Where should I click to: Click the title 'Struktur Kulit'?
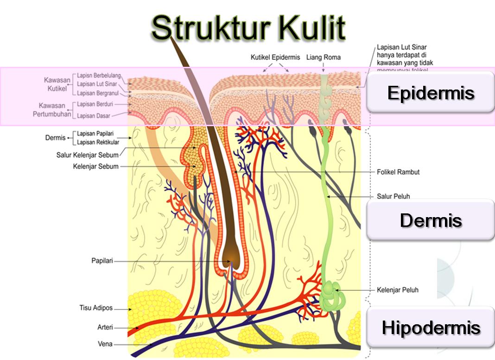[x=248, y=27]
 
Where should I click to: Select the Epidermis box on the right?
[x=431, y=92]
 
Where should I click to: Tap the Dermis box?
[x=431, y=220]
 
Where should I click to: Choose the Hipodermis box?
[x=431, y=328]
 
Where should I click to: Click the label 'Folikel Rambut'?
[x=398, y=172]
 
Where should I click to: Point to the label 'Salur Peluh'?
[x=393, y=196]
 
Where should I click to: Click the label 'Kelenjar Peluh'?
[x=397, y=290]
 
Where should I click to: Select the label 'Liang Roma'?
[x=323, y=58]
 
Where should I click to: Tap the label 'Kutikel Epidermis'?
[x=275, y=58]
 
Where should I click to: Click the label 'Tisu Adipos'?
[x=96, y=308]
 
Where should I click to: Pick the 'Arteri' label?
[x=105, y=327]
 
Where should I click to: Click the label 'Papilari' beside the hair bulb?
[x=102, y=261]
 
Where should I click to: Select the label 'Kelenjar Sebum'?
[x=95, y=167]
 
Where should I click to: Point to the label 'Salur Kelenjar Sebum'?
[x=88, y=155]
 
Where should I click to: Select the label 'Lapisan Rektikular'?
[x=98, y=142]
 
